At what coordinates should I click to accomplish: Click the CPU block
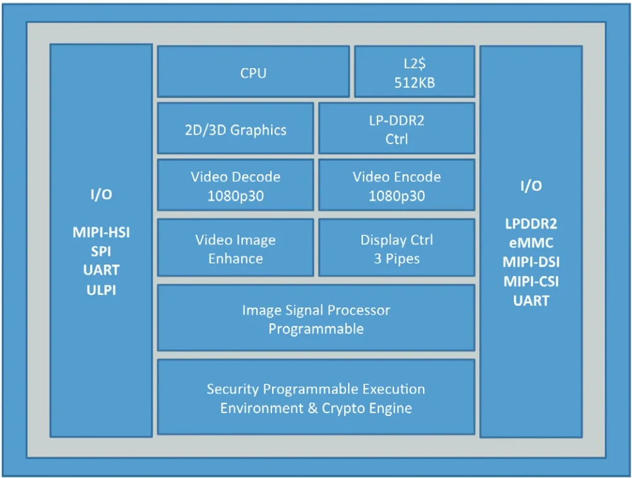click(x=253, y=71)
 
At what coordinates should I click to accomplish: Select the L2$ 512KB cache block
click(x=414, y=71)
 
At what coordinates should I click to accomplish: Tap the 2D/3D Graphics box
click(x=236, y=128)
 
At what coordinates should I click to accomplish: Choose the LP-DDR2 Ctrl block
click(x=396, y=128)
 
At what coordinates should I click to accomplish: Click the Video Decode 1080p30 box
click(x=236, y=185)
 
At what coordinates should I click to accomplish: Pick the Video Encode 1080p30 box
click(x=396, y=185)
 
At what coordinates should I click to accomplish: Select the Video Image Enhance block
click(x=236, y=248)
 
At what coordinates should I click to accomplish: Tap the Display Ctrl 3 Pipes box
click(x=396, y=248)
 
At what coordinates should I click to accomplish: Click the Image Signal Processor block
click(x=316, y=318)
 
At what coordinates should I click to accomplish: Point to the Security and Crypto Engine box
click(x=316, y=397)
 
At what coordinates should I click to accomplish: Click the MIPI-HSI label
click(x=101, y=232)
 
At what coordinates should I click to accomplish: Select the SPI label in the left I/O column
click(x=101, y=251)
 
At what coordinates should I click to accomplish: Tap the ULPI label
click(x=101, y=290)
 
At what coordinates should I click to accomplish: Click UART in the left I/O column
click(x=101, y=270)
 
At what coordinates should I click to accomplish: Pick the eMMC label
click(x=531, y=243)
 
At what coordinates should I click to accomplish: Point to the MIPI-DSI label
click(x=531, y=262)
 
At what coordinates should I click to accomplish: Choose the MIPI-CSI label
click(x=531, y=282)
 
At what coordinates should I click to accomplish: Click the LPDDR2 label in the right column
click(x=531, y=224)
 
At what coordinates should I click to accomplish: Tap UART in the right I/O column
click(x=531, y=301)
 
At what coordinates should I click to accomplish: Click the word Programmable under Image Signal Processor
click(x=316, y=329)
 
